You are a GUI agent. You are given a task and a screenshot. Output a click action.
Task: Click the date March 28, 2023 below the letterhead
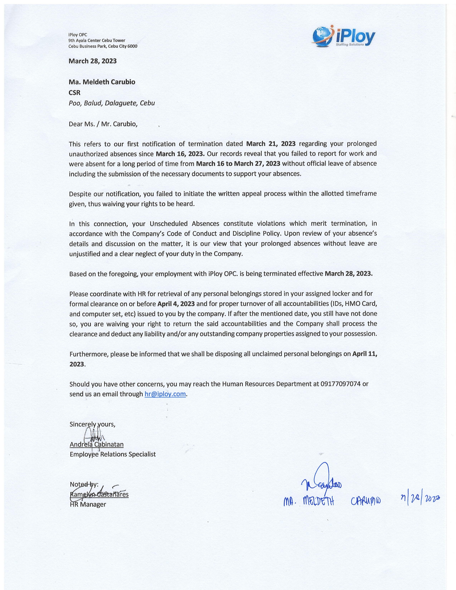[92, 61]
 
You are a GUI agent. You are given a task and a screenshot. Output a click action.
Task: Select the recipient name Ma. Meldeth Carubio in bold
[102, 82]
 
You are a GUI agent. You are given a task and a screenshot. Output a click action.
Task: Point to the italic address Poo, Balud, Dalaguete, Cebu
[112, 103]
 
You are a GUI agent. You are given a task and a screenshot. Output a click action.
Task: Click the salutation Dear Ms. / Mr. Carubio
[103, 124]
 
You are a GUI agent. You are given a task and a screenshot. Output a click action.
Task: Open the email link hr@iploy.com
[165, 394]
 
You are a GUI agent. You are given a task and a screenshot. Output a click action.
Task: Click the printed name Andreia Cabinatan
[96, 444]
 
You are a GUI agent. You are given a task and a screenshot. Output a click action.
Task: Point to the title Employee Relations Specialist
[113, 454]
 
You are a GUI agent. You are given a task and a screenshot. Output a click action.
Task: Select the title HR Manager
[88, 504]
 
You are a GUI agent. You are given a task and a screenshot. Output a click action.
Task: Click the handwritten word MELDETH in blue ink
[318, 502]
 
